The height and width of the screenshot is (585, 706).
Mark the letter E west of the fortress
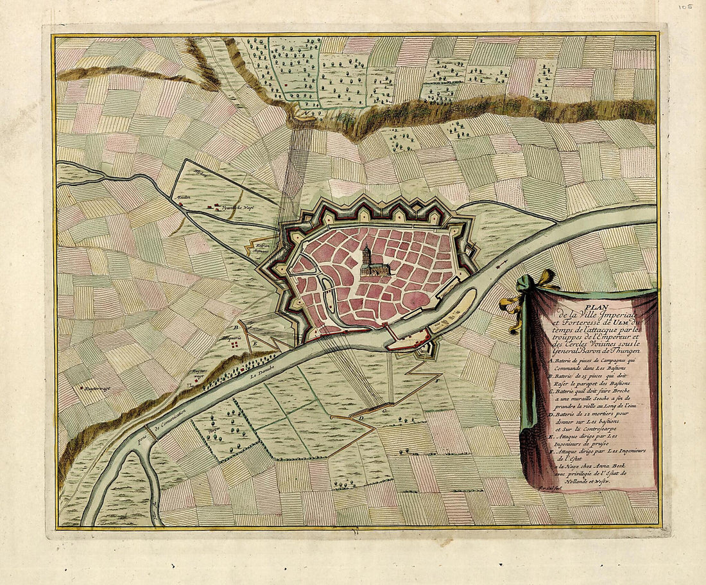[255, 344]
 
